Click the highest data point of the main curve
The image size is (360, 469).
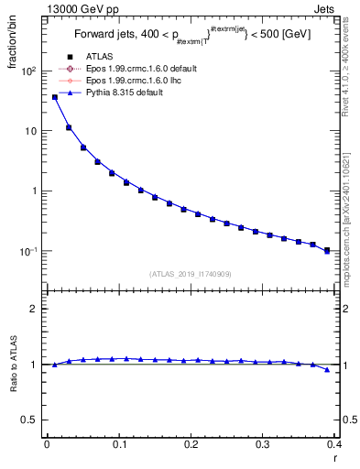tap(55, 96)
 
